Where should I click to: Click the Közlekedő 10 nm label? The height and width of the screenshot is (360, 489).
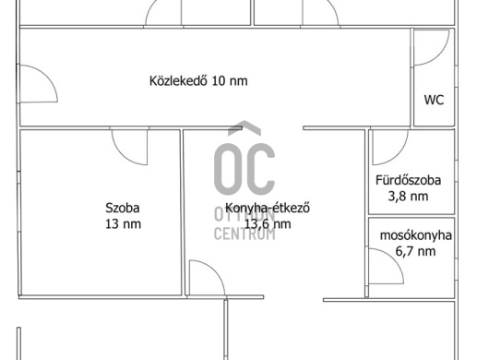[x=198, y=81]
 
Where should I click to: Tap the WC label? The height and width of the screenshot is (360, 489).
[x=434, y=100]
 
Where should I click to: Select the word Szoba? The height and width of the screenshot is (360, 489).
[x=122, y=208]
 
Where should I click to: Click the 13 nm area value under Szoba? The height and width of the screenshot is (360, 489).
[x=123, y=224]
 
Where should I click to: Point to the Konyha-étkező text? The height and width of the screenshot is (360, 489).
[x=268, y=208]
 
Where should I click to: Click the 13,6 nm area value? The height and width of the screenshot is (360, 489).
[x=268, y=224]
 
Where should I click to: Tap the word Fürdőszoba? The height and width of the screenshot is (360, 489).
[x=408, y=180]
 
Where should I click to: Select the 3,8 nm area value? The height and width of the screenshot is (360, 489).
[x=408, y=197]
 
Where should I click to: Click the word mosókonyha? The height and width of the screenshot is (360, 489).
[x=416, y=235]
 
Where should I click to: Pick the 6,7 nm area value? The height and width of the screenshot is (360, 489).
[x=416, y=251]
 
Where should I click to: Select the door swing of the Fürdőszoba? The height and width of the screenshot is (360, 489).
[x=400, y=154]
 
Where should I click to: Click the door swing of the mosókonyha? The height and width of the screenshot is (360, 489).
[x=396, y=260]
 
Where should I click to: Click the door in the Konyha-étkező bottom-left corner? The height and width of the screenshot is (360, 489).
[x=215, y=271]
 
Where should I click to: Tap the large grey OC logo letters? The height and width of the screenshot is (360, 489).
[x=244, y=159]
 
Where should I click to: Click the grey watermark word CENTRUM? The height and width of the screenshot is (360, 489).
[x=244, y=234]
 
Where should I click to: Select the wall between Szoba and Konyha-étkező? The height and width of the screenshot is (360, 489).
[x=183, y=212]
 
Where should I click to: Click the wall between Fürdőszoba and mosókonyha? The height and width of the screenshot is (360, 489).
[x=411, y=216]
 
